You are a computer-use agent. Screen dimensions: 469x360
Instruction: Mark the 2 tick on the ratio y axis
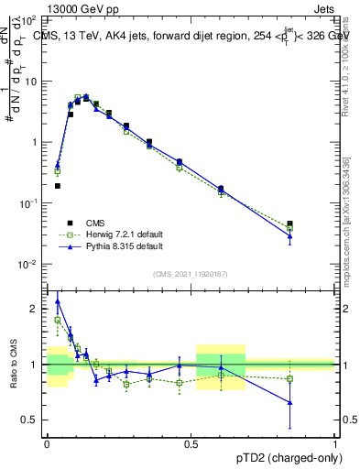coord(37,309)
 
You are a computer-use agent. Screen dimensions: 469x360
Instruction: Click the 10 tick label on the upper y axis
coord(33,82)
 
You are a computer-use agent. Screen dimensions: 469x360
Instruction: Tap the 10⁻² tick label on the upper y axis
coord(31,264)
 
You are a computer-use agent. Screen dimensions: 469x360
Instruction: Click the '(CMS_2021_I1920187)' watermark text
coord(191,273)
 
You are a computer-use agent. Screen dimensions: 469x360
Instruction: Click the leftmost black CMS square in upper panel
coord(57,186)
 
